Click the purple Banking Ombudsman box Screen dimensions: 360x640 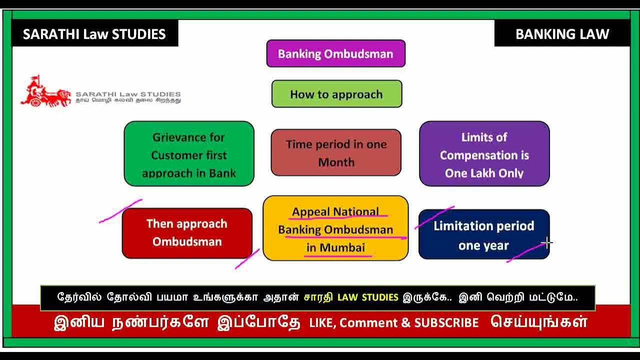click(x=335, y=53)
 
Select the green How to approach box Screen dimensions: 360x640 click(x=336, y=94)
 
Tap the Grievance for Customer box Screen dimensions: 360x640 click(x=189, y=153)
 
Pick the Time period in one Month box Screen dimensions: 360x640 click(x=336, y=152)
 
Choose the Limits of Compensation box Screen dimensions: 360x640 click(x=484, y=153)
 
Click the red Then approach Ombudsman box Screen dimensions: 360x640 click(x=187, y=233)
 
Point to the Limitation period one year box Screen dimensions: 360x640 click(x=483, y=234)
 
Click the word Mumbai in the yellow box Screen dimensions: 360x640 click(x=342, y=247)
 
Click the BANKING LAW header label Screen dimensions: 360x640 click(x=562, y=34)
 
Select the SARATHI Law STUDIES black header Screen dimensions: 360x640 click(x=94, y=34)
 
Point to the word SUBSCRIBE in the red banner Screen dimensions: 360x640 click(x=446, y=323)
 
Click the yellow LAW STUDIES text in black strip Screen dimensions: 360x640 click(x=368, y=297)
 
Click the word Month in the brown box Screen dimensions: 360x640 click(x=336, y=162)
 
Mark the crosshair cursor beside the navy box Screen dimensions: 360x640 click(x=547, y=243)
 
